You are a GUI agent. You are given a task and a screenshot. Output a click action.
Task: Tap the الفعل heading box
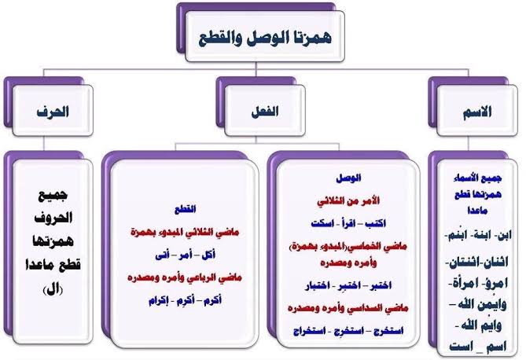(265, 112)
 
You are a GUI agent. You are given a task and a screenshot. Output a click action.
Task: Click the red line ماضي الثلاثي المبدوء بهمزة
(182, 233)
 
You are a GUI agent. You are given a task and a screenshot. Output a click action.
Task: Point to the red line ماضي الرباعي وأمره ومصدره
(182, 277)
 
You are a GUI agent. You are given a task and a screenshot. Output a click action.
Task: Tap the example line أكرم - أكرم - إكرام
(182, 300)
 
